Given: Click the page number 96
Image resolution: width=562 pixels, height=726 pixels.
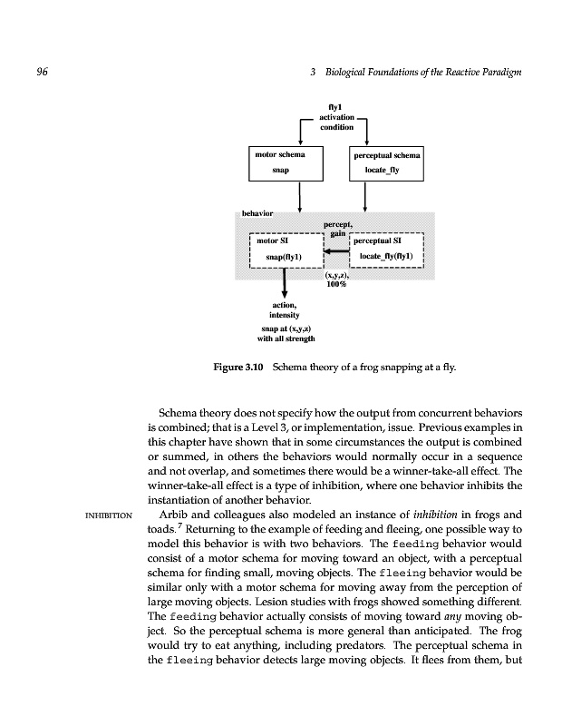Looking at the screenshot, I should (42, 73).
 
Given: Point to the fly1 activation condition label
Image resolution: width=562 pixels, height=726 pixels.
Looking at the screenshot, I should (334, 118).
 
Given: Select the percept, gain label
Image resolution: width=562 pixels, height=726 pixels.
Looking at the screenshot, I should (336, 227).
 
